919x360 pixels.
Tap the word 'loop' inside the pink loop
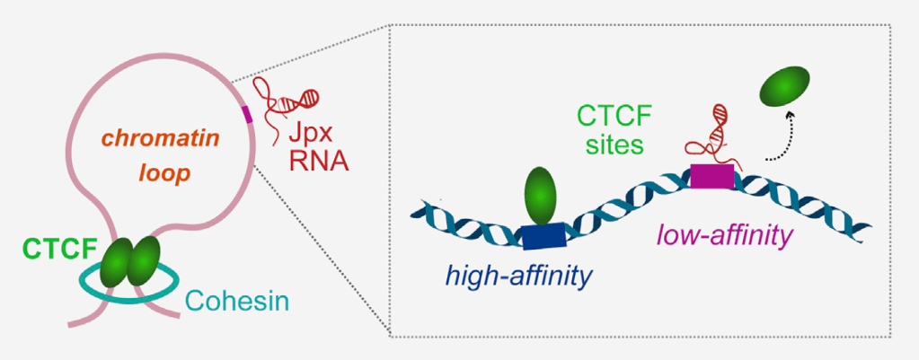point(169,174)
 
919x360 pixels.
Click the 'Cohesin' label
point(238,300)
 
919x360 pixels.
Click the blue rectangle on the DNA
point(543,235)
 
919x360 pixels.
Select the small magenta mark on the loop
point(247,113)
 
